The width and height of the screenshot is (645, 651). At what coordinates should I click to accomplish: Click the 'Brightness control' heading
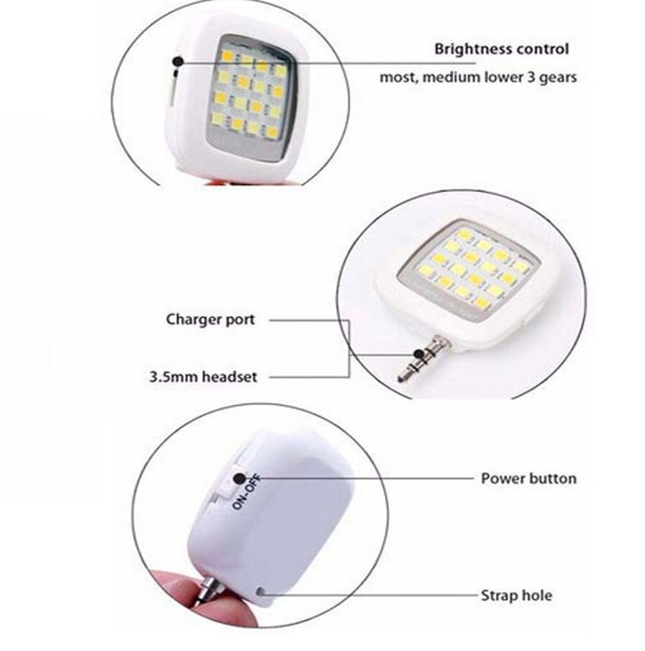(x=501, y=49)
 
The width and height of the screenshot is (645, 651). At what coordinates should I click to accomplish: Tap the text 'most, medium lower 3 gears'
(x=478, y=77)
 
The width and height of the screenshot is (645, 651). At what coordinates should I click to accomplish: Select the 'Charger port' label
(x=210, y=319)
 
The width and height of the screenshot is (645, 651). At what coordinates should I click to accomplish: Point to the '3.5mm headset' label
(x=203, y=377)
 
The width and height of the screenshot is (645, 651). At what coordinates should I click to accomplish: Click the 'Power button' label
(x=529, y=478)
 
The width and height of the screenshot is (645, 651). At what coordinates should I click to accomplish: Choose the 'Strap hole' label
(x=516, y=596)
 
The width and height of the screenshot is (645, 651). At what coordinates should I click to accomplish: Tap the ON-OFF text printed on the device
(x=247, y=491)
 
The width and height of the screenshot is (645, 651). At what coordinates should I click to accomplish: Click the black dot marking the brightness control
(x=178, y=62)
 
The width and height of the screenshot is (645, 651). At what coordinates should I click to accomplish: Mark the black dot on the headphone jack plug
(x=419, y=354)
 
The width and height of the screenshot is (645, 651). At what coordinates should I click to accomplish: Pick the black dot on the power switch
(x=239, y=478)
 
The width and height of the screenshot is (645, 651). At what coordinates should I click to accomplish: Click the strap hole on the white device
(x=261, y=591)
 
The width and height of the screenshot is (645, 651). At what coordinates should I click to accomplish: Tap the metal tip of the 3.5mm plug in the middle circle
(x=402, y=376)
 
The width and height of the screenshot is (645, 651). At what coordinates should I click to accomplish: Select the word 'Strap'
(x=497, y=596)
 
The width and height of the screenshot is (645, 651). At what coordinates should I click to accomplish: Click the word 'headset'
(x=230, y=377)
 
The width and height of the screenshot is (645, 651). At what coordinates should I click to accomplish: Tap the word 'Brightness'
(x=468, y=49)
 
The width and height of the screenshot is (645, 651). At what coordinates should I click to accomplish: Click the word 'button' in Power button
(x=552, y=478)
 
